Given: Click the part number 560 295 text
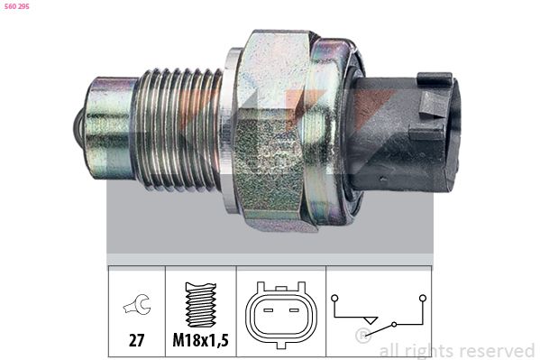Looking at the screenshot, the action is (17, 6).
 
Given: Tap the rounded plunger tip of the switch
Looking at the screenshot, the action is (78, 128).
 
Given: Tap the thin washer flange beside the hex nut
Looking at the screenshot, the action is (230, 130).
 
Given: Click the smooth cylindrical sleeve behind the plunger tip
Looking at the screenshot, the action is (110, 128).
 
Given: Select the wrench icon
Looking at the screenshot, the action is (137, 305).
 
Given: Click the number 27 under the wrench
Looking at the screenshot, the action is (136, 341).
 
